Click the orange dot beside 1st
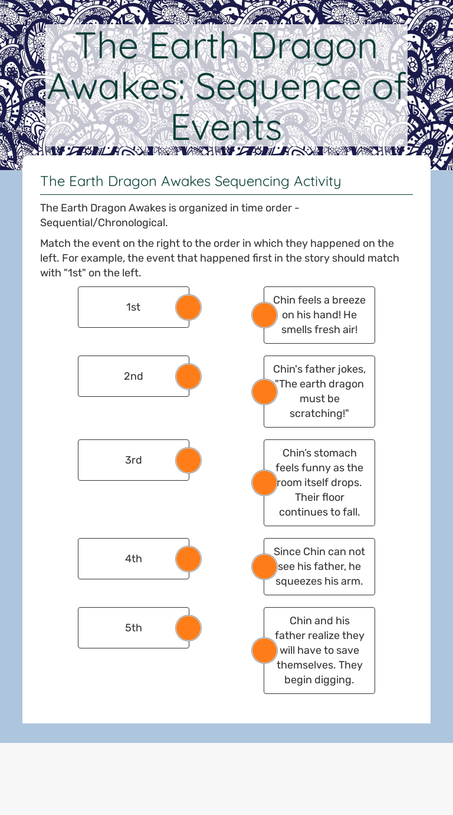pyautogui.click(x=189, y=307)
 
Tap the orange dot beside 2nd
pyautogui.click(x=189, y=376)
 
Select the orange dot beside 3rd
pyautogui.click(x=189, y=460)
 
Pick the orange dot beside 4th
pyautogui.click(x=189, y=559)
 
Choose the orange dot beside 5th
pyautogui.click(x=189, y=628)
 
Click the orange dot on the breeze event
pyautogui.click(x=264, y=315)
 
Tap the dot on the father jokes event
pyautogui.click(x=264, y=392)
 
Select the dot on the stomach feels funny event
pyautogui.click(x=264, y=483)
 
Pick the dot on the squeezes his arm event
pyautogui.click(x=264, y=566)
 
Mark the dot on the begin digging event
pyautogui.click(x=264, y=650)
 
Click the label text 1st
pyautogui.click(x=133, y=307)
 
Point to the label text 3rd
pyautogui.click(x=133, y=460)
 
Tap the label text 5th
pyautogui.click(x=133, y=628)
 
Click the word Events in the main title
pyautogui.click(x=226, y=128)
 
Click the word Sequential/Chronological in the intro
pyautogui.click(x=104, y=223)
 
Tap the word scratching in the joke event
pyautogui.click(x=319, y=413)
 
